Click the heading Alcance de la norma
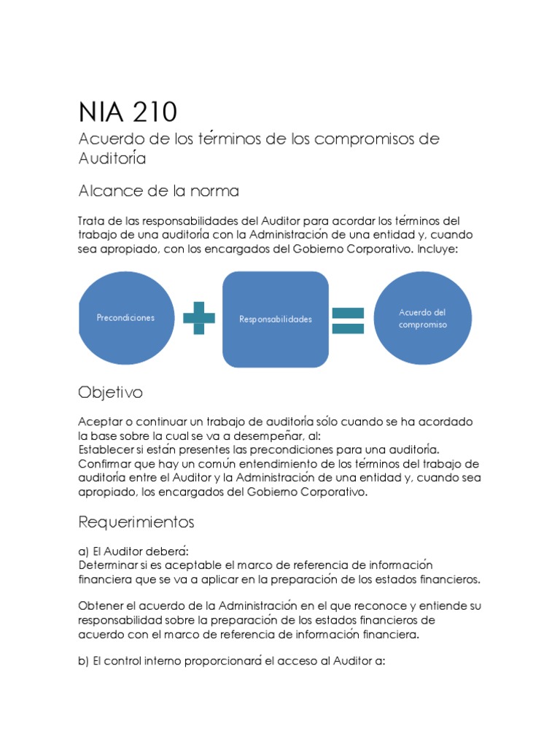(x=158, y=191)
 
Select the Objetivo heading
(x=110, y=392)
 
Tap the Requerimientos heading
(x=136, y=522)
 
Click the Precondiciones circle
(x=125, y=318)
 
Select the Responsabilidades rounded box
(x=276, y=319)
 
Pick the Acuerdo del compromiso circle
(x=422, y=318)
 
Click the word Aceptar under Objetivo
(x=100, y=422)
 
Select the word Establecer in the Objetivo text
(x=108, y=449)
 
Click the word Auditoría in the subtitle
(x=112, y=158)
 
